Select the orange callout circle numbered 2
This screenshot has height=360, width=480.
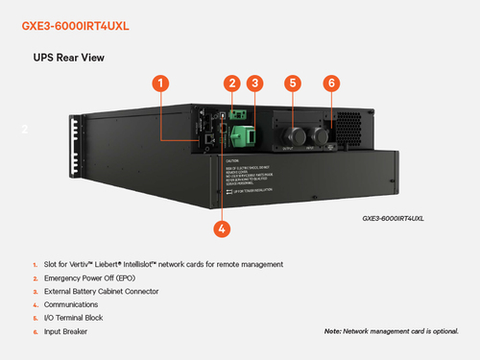(231, 84)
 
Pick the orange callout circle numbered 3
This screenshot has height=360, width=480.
(253, 84)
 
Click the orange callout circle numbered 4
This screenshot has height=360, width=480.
(222, 228)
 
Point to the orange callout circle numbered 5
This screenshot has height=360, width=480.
(293, 84)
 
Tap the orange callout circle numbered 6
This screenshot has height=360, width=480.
(331, 84)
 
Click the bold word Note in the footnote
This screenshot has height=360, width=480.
(334, 330)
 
